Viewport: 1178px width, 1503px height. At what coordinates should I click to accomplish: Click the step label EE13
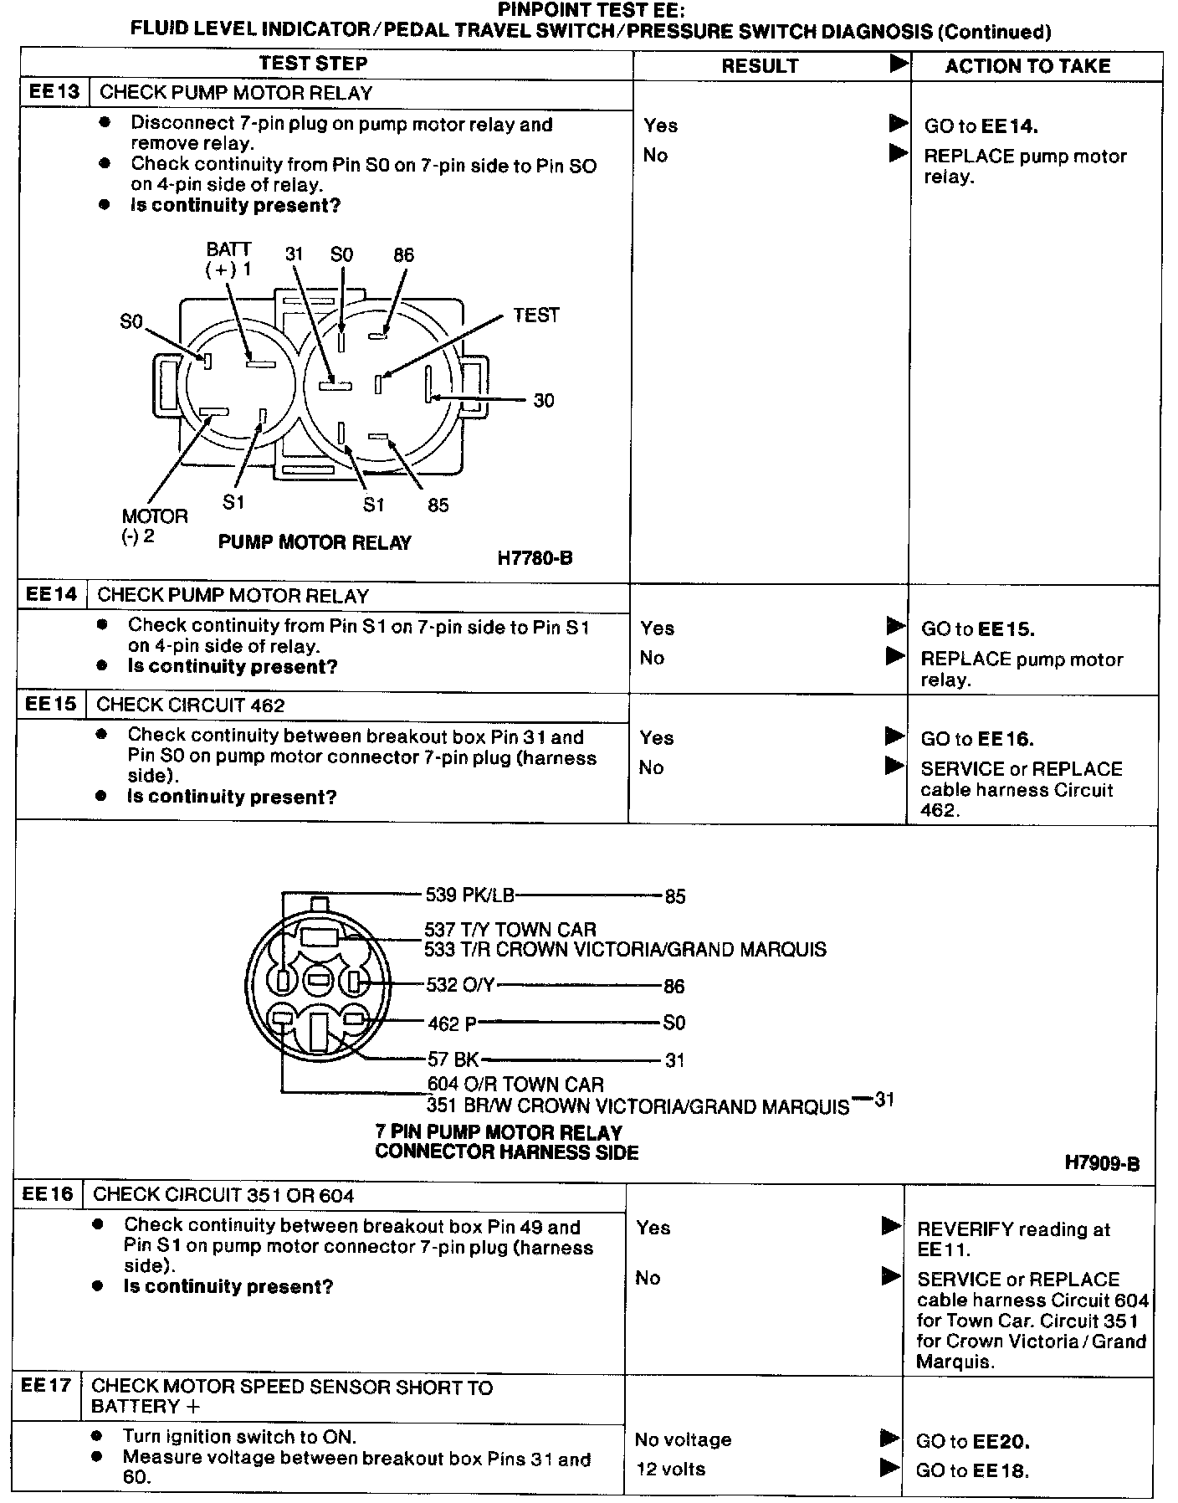pyautogui.click(x=54, y=91)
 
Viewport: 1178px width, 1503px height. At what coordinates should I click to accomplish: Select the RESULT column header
pyautogui.click(x=760, y=66)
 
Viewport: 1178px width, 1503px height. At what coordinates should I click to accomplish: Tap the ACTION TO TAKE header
pyautogui.click(x=1027, y=66)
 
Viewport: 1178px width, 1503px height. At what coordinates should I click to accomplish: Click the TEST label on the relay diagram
pyautogui.click(x=535, y=315)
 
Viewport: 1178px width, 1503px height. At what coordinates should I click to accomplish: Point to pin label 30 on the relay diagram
pyautogui.click(x=544, y=401)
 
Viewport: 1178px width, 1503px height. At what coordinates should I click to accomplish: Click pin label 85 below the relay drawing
pyautogui.click(x=438, y=505)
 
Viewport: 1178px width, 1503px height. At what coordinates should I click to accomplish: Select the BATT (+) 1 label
pyautogui.click(x=228, y=259)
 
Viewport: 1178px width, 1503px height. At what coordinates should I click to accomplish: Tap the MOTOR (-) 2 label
pyautogui.click(x=154, y=526)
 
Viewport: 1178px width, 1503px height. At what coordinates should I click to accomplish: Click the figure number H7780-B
pyautogui.click(x=535, y=558)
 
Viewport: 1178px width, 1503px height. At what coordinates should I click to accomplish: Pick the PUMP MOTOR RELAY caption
pyautogui.click(x=315, y=542)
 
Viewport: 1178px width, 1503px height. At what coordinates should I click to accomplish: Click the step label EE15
pyautogui.click(x=50, y=704)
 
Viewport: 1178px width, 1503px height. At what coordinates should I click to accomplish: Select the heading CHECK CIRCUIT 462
pyautogui.click(x=190, y=705)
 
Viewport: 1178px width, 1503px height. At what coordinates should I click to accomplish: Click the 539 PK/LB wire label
pyautogui.click(x=469, y=895)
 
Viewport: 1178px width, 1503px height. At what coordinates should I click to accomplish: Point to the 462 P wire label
pyautogui.click(x=452, y=1023)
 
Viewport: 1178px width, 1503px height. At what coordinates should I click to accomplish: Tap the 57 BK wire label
pyautogui.click(x=453, y=1060)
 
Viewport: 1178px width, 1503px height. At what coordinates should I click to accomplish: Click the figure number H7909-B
pyautogui.click(x=1101, y=1162)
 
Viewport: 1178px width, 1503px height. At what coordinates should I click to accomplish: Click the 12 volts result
pyautogui.click(x=670, y=1469)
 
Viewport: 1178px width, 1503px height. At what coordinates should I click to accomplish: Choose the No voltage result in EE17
pyautogui.click(x=683, y=1439)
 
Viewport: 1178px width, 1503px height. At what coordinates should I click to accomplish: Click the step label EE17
pyautogui.click(x=46, y=1385)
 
